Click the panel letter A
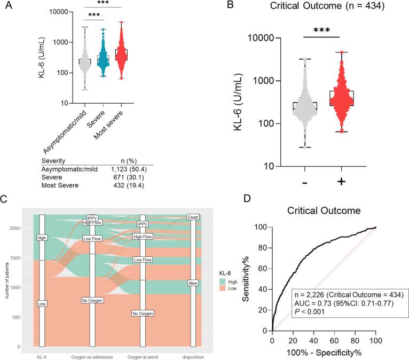coord(9,7)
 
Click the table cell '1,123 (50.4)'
coord(126,168)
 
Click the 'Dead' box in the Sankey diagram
coord(193,217)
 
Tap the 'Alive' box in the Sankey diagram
coord(193,283)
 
